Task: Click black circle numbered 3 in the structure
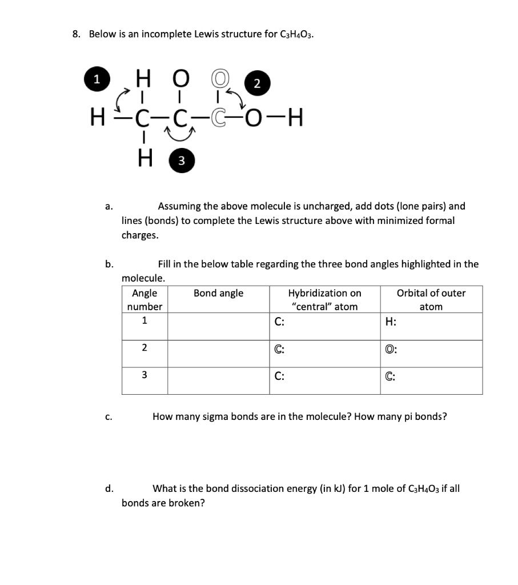point(180,161)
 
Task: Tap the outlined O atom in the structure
point(220,75)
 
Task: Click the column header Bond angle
point(218,293)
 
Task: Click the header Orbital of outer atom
point(431,300)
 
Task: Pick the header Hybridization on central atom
point(324,300)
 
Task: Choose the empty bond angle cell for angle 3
point(218,380)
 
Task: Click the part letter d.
point(109,488)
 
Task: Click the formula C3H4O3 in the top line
point(297,35)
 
